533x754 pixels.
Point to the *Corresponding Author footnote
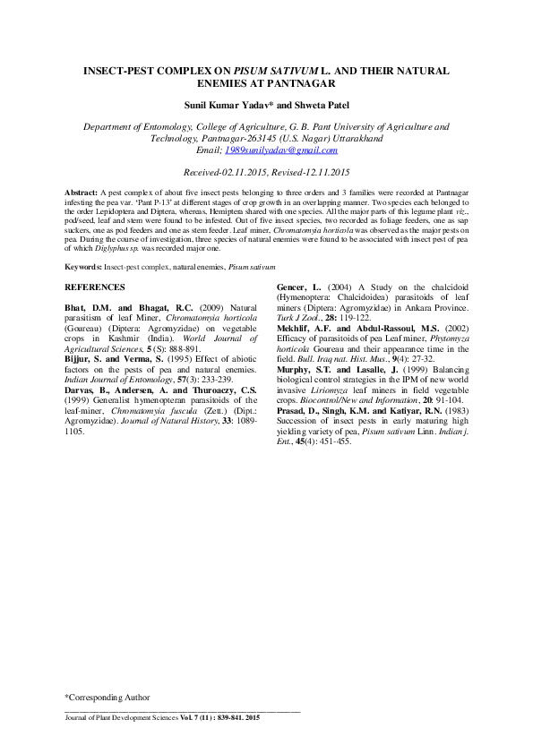(x=107, y=696)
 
